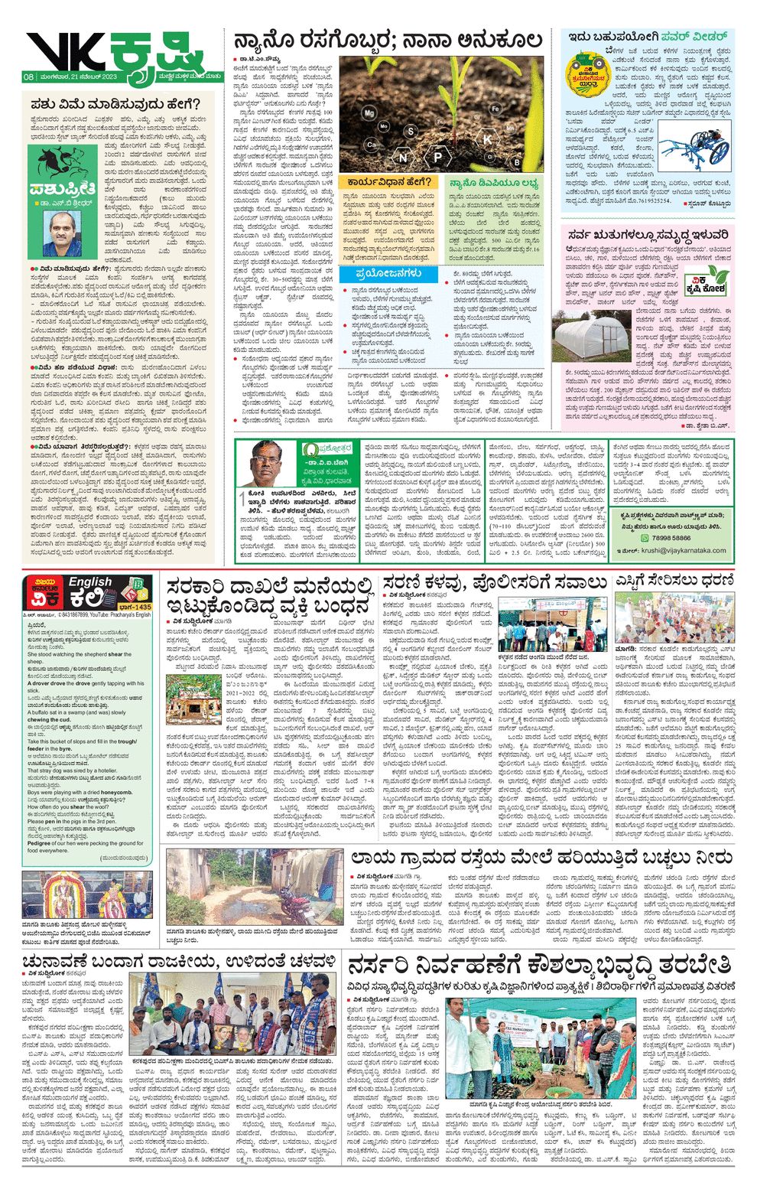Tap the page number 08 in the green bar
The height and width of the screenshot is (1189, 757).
click(x=28, y=77)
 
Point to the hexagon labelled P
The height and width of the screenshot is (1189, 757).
click(x=438, y=158)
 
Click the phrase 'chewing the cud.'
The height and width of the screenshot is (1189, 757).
click(x=49, y=720)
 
